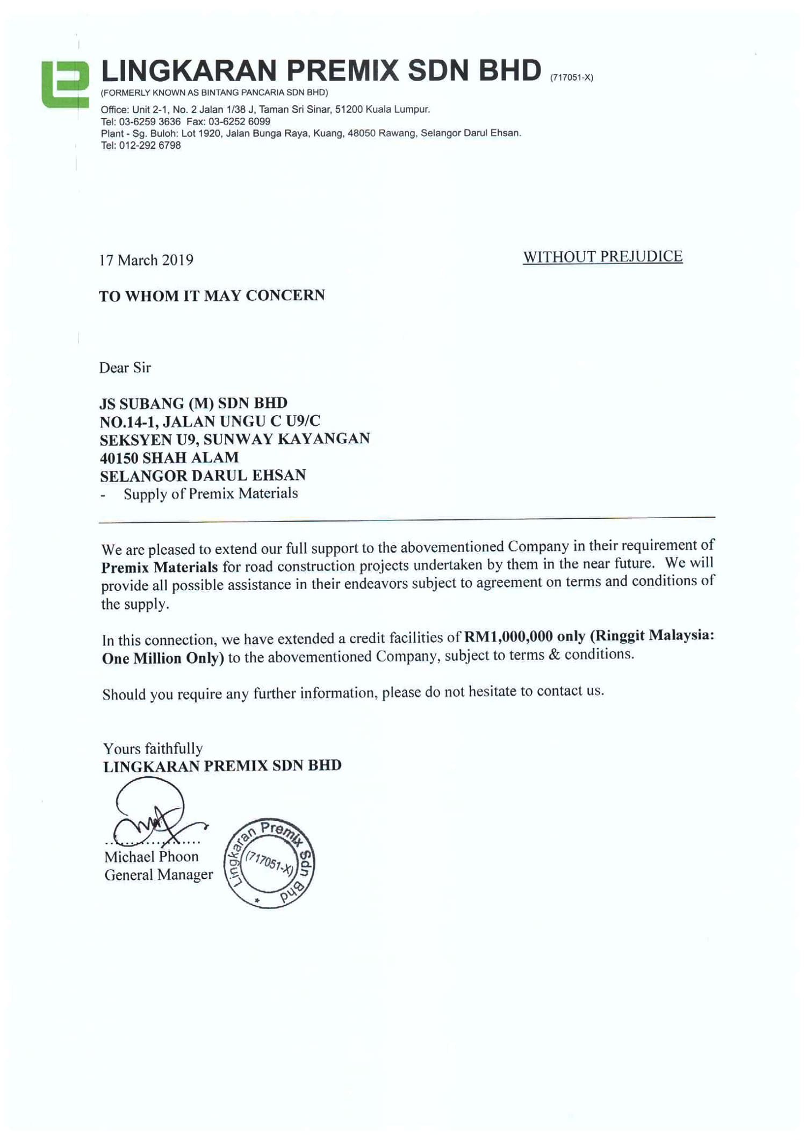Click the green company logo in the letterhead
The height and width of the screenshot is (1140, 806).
coord(66,85)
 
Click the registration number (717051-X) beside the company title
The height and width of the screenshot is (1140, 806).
coord(571,77)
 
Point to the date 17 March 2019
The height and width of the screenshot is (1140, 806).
coord(146,260)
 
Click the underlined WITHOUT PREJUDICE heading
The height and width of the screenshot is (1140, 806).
coord(603,257)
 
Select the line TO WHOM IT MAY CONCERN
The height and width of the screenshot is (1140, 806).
coord(212,296)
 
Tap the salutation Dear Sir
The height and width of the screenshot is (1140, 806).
coord(125,368)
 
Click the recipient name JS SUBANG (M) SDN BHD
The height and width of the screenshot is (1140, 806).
coord(193,403)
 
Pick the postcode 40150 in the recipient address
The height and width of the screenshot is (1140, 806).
coord(119,458)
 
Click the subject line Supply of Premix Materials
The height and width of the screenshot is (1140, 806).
coord(210,493)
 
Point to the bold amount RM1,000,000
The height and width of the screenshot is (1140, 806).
coord(508,636)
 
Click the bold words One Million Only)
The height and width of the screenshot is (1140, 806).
coord(163,658)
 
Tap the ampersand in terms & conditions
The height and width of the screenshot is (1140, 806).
coord(555,654)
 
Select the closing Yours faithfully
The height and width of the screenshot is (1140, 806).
coord(153,749)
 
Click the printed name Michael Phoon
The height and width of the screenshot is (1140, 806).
coord(151,857)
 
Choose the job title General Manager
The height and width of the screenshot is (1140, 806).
coord(159,875)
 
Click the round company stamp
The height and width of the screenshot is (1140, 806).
coord(269,864)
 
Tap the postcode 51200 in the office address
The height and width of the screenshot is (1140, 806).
coord(349,110)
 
